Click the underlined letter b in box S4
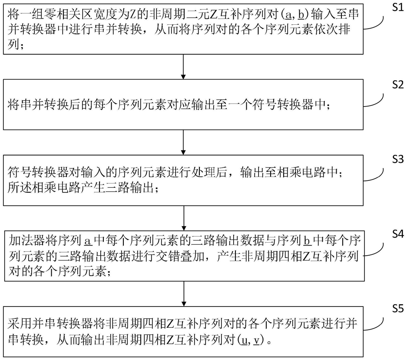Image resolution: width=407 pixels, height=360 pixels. [306, 240]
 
